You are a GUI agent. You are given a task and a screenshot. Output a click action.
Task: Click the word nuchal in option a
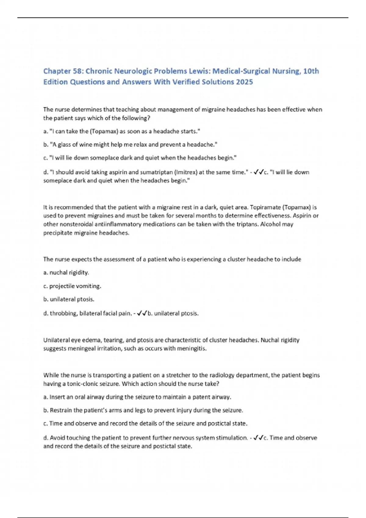58,273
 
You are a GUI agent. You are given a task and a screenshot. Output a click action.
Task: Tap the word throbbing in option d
63,313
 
